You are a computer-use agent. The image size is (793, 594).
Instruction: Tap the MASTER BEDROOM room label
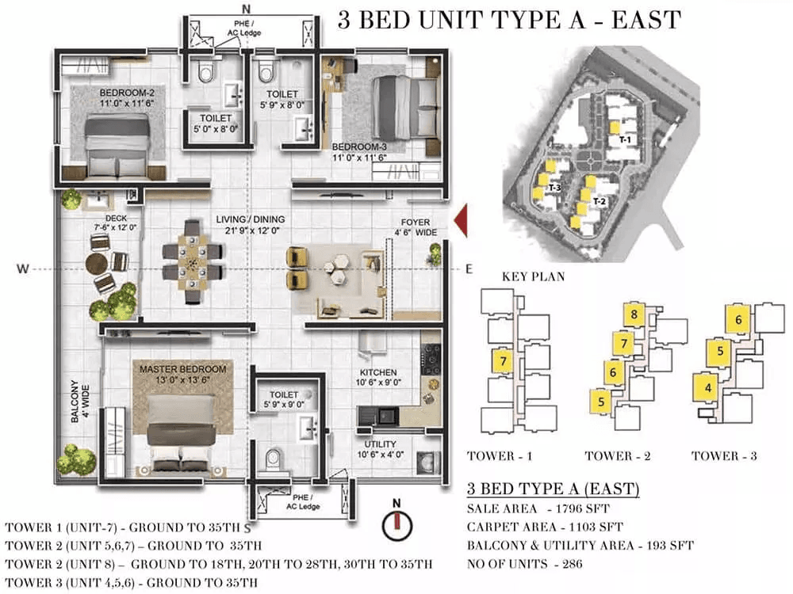tap(183, 369)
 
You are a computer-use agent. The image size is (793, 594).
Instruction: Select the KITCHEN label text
tap(378, 372)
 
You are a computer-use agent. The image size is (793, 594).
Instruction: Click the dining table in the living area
tap(192, 261)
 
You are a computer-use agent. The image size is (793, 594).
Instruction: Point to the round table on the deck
tap(96, 263)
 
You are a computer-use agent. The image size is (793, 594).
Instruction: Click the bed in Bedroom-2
tap(118, 147)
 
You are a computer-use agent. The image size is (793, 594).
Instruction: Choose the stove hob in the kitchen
tap(431, 359)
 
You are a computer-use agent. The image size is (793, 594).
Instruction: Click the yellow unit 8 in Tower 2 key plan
tap(634, 314)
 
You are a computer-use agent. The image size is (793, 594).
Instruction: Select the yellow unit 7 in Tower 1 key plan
tap(503, 361)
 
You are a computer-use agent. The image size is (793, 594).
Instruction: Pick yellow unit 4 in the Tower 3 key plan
tap(708, 387)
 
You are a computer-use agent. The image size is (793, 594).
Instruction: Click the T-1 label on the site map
tap(625, 140)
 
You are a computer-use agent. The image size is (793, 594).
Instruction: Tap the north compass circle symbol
tap(397, 525)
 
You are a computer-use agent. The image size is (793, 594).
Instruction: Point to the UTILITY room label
tap(381, 444)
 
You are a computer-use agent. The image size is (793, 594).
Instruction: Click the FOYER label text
tap(416, 223)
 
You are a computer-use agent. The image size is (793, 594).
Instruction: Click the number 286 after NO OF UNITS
tap(572, 564)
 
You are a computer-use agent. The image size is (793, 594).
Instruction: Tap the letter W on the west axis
tap(23, 268)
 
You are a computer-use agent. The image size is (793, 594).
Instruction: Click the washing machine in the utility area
tap(428, 462)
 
